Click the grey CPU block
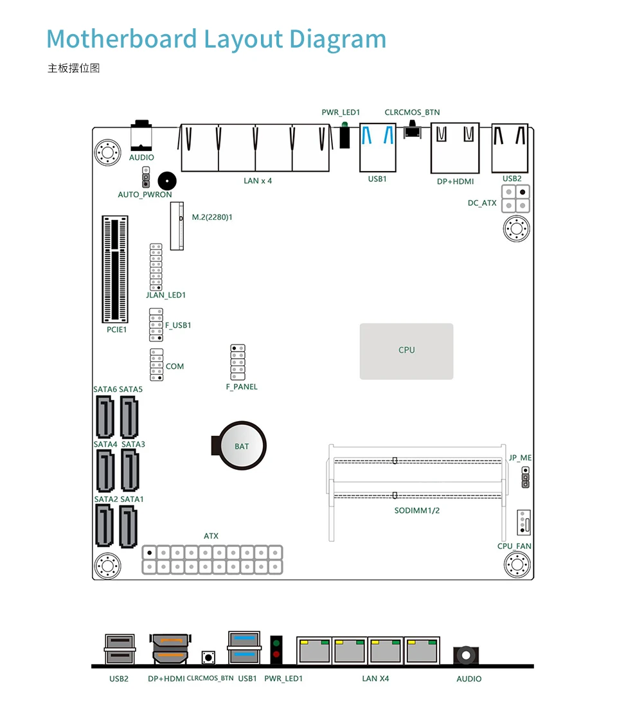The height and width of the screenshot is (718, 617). (406, 351)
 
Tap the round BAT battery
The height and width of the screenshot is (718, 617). (242, 446)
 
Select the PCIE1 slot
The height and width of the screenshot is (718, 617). (115, 270)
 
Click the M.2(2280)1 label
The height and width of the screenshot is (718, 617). (212, 217)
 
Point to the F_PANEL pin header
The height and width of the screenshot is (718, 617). (238, 362)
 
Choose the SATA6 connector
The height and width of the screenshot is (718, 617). (105, 417)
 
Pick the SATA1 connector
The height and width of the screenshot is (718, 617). (128, 526)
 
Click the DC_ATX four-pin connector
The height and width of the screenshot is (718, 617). (515, 199)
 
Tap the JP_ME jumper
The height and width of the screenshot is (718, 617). (526, 477)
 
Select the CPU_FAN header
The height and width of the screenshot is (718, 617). (524, 523)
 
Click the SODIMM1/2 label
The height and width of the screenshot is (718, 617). (417, 510)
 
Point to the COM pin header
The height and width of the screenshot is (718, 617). (157, 365)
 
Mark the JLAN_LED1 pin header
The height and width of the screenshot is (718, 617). (156, 267)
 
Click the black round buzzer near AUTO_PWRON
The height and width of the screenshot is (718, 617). (167, 181)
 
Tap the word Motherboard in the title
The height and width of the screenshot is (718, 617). (121, 39)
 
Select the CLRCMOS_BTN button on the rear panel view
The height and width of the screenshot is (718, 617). (208, 658)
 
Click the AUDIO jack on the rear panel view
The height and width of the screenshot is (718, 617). (466, 655)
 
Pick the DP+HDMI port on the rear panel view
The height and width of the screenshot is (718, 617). (170, 649)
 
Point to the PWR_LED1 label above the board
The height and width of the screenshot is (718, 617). (341, 112)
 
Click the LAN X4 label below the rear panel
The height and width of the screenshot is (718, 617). (375, 679)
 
